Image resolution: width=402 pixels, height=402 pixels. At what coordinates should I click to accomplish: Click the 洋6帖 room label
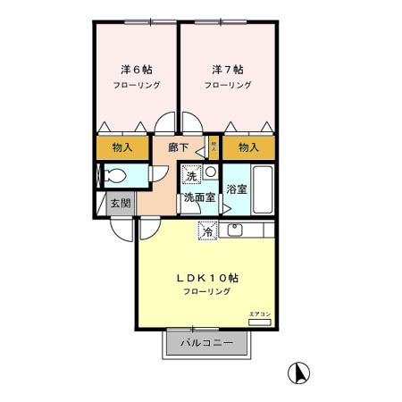(136, 68)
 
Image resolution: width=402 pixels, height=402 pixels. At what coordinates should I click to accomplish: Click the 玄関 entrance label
(120, 203)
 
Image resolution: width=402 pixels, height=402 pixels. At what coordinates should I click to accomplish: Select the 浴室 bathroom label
(237, 189)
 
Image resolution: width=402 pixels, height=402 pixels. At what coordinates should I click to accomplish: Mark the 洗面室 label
(198, 197)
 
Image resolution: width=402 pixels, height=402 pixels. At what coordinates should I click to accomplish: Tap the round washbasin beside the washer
(211, 172)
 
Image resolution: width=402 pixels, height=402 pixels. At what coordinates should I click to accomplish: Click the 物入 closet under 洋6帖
(123, 147)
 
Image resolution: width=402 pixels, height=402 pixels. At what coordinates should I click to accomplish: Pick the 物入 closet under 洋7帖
(249, 147)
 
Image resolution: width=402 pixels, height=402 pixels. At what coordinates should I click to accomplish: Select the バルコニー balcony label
(205, 343)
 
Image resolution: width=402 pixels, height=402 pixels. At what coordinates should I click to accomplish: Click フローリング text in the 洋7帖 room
(227, 86)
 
